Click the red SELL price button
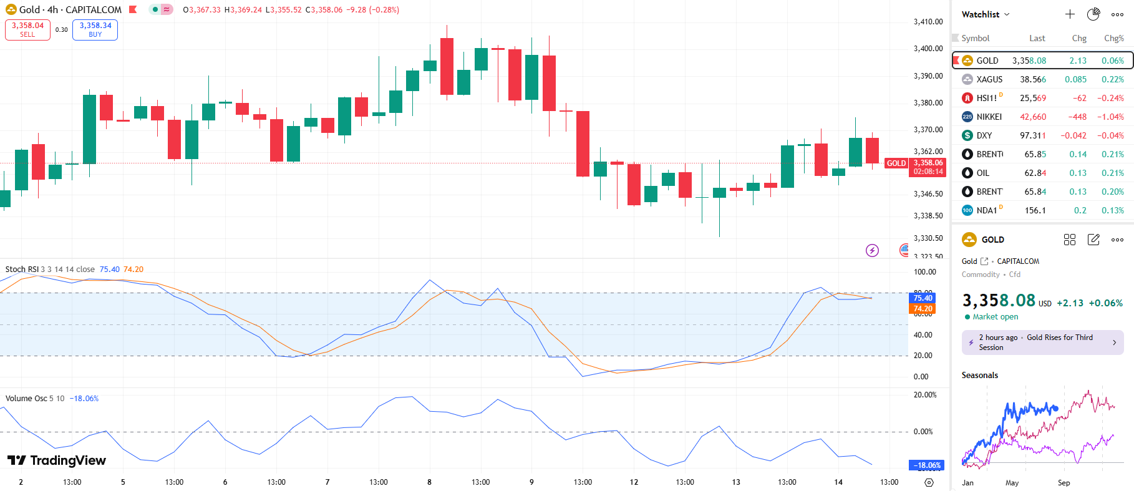27,29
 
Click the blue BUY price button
95,29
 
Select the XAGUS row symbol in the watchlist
989,79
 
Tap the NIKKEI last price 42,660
1032,117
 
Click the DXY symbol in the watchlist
984,135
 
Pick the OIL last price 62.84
1035,173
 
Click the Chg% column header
1113,38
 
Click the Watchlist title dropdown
985,14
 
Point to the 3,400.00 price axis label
928,49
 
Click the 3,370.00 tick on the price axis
928,130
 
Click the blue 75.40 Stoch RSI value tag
923,298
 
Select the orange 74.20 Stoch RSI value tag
923,309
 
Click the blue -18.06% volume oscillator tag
927,465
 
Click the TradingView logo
57,460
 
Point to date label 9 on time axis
531,482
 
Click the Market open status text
995,317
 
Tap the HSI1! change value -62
1079,98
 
